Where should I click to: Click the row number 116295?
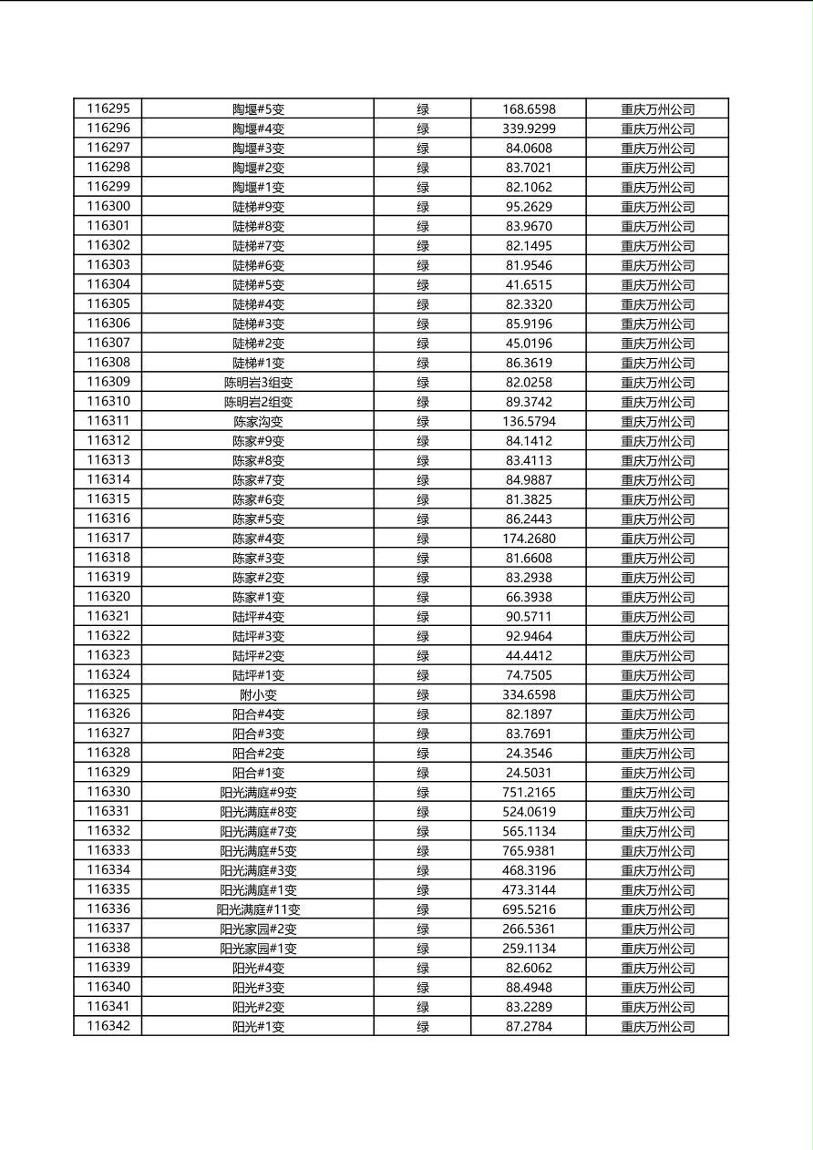(x=108, y=108)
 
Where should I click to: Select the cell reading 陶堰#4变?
(x=258, y=128)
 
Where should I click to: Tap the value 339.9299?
(x=529, y=128)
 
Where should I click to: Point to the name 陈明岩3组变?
(x=258, y=382)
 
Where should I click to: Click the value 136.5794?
(x=529, y=421)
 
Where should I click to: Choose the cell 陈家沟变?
(x=258, y=421)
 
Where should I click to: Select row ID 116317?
(x=108, y=538)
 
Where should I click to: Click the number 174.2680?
(x=529, y=539)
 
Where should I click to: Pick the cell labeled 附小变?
(x=258, y=694)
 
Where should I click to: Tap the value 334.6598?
(x=529, y=694)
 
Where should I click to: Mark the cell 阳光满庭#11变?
(x=258, y=909)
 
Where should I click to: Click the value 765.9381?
(x=529, y=850)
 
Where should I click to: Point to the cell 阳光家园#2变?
(x=258, y=929)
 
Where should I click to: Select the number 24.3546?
(x=529, y=753)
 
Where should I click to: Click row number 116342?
(x=108, y=1026)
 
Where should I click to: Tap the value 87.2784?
(x=529, y=1026)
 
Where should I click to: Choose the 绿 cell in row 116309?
(x=423, y=382)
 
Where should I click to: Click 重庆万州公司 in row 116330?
(x=657, y=792)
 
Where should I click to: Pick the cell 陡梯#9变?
(x=258, y=206)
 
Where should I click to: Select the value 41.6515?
(x=529, y=284)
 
